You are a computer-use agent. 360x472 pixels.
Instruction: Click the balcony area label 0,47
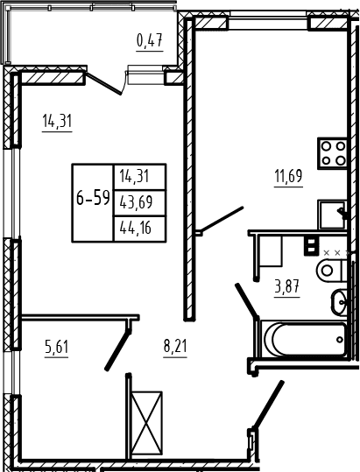coord(150,40)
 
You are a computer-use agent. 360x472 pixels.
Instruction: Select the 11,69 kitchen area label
coord(288,176)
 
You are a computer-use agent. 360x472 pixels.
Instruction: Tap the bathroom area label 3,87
coord(286,286)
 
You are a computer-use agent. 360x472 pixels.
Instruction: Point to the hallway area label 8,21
coord(175,346)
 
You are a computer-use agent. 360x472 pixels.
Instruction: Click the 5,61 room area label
coord(56,347)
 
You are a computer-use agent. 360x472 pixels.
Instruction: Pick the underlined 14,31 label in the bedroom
coord(57,122)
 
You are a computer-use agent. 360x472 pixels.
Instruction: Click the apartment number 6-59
coord(92,199)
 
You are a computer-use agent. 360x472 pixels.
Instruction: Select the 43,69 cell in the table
coord(136,202)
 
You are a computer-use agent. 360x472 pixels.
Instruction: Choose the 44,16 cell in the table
coord(136,229)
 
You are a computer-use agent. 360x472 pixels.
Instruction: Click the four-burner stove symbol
coord(333,153)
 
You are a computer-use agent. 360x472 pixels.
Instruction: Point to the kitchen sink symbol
coord(332,215)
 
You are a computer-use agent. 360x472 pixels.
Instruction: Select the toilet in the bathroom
coord(333,270)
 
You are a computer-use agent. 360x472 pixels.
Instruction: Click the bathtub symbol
coord(304,339)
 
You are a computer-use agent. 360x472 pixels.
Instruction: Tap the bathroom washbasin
coord(340,302)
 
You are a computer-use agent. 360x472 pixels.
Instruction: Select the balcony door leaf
coord(103,83)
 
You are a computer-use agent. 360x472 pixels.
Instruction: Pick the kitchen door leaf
coord(221,220)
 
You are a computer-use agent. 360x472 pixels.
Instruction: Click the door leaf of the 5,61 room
coord(117,349)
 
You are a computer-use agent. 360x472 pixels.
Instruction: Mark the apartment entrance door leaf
coord(268,404)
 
